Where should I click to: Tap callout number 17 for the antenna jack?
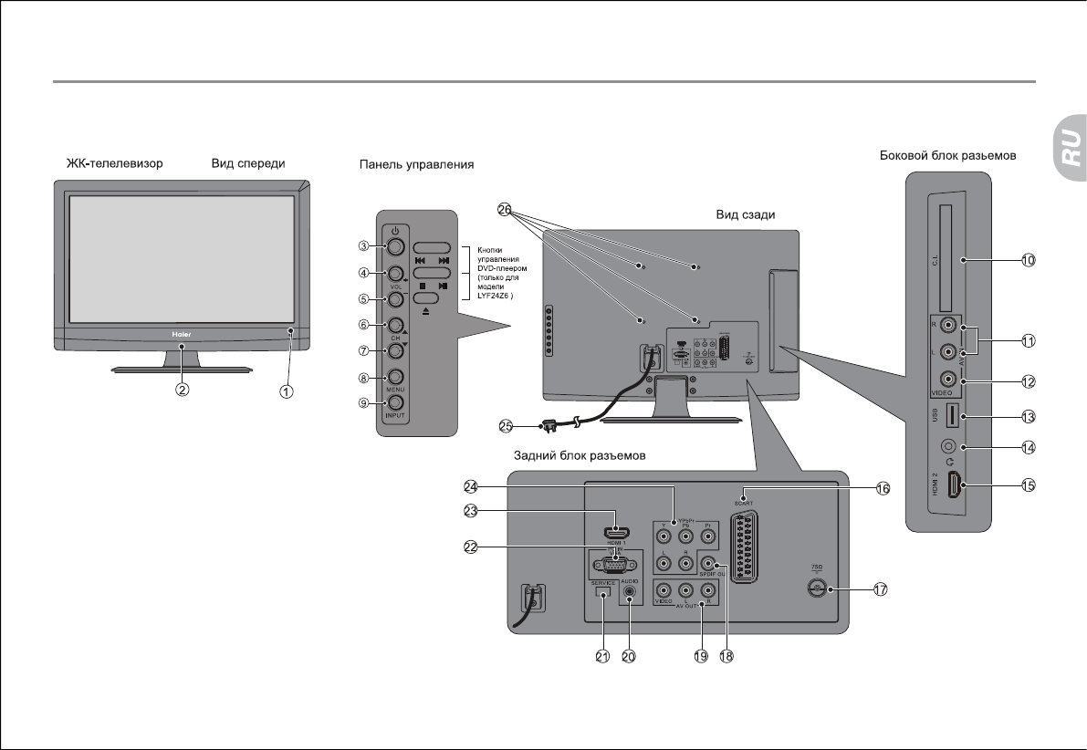click(x=880, y=589)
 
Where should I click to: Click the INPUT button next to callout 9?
click(x=395, y=402)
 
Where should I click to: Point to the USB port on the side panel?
click(x=949, y=417)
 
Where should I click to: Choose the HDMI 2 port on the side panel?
click(x=950, y=487)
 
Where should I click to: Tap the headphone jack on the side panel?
click(x=950, y=448)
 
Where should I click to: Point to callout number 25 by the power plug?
click(x=507, y=425)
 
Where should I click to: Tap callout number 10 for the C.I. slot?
click(x=1028, y=260)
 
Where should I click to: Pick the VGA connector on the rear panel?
click(x=613, y=563)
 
